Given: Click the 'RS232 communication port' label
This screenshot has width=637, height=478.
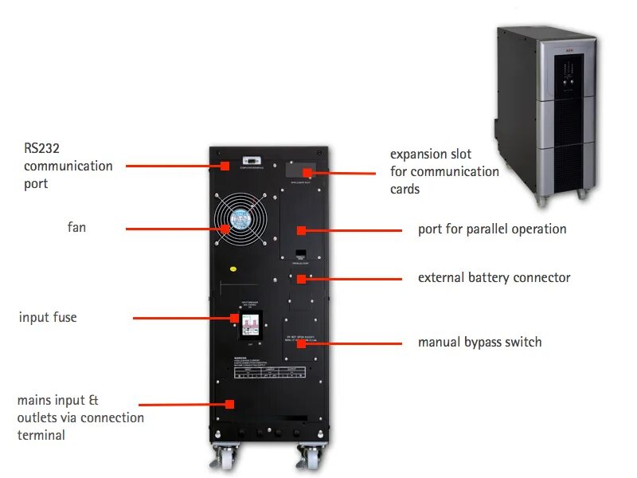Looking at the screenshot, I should (x=68, y=166).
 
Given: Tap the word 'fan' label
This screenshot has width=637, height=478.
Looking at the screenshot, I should (x=76, y=228).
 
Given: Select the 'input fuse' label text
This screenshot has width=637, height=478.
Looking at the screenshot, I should (x=48, y=318).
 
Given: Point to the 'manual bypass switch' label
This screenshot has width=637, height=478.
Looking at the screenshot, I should (x=479, y=343).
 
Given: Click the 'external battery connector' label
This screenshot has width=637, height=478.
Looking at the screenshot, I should (x=494, y=278).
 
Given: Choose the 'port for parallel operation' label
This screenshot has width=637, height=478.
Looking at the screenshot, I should (x=492, y=229).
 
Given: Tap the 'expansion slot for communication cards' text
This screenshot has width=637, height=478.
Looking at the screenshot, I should (x=444, y=171).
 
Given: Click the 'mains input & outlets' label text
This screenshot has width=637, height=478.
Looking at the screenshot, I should (x=80, y=417).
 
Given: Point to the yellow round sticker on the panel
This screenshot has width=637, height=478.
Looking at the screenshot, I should (x=234, y=268).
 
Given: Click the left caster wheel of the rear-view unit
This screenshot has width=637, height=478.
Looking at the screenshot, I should (x=224, y=457).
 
